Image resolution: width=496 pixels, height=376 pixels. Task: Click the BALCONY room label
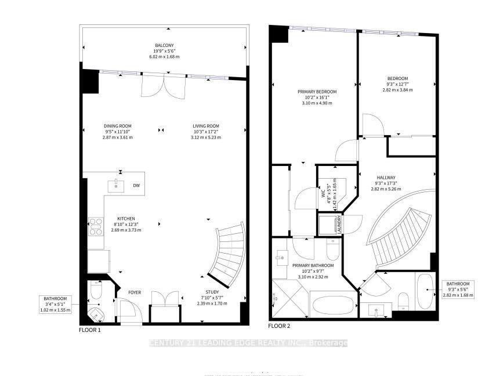(x=165, y=45)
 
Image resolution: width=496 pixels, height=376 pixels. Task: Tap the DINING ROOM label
(x=118, y=126)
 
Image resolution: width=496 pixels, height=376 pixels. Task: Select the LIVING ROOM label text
(x=206, y=126)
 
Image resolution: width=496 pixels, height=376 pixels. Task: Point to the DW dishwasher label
(x=137, y=186)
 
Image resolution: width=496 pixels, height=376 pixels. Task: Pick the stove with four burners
(x=95, y=225)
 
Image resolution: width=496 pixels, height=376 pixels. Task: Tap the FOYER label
(x=135, y=292)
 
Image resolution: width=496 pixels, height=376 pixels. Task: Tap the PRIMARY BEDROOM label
(x=317, y=92)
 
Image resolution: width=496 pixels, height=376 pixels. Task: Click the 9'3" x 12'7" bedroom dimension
(x=398, y=85)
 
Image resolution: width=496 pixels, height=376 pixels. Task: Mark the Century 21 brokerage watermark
(x=248, y=343)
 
